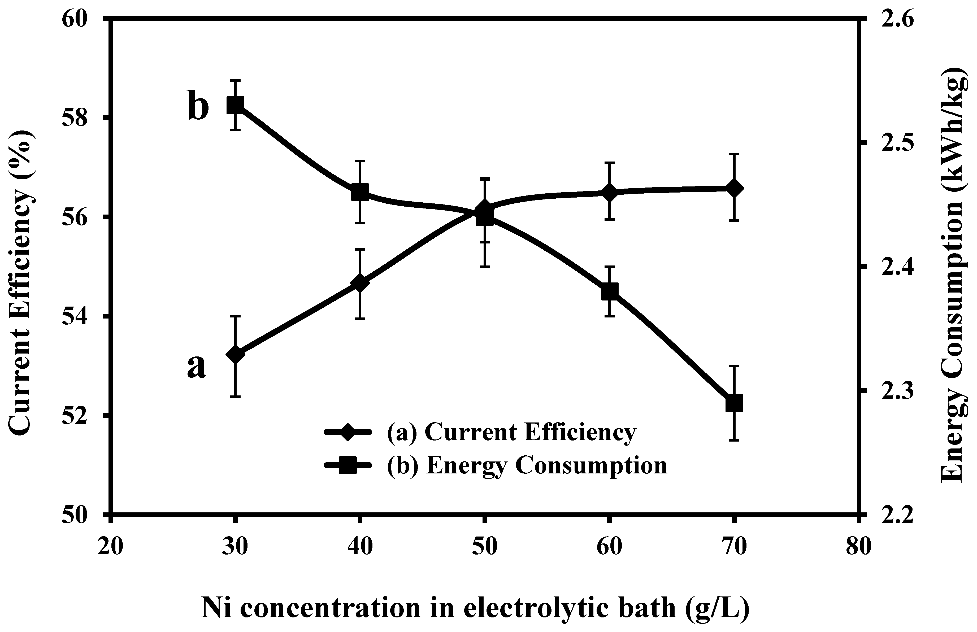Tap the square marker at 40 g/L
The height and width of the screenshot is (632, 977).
(360, 192)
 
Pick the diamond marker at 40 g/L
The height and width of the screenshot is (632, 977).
(360, 284)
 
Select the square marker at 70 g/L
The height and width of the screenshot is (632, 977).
(734, 403)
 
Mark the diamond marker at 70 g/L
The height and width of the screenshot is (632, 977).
(734, 188)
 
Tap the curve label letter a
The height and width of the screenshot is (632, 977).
(197, 367)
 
